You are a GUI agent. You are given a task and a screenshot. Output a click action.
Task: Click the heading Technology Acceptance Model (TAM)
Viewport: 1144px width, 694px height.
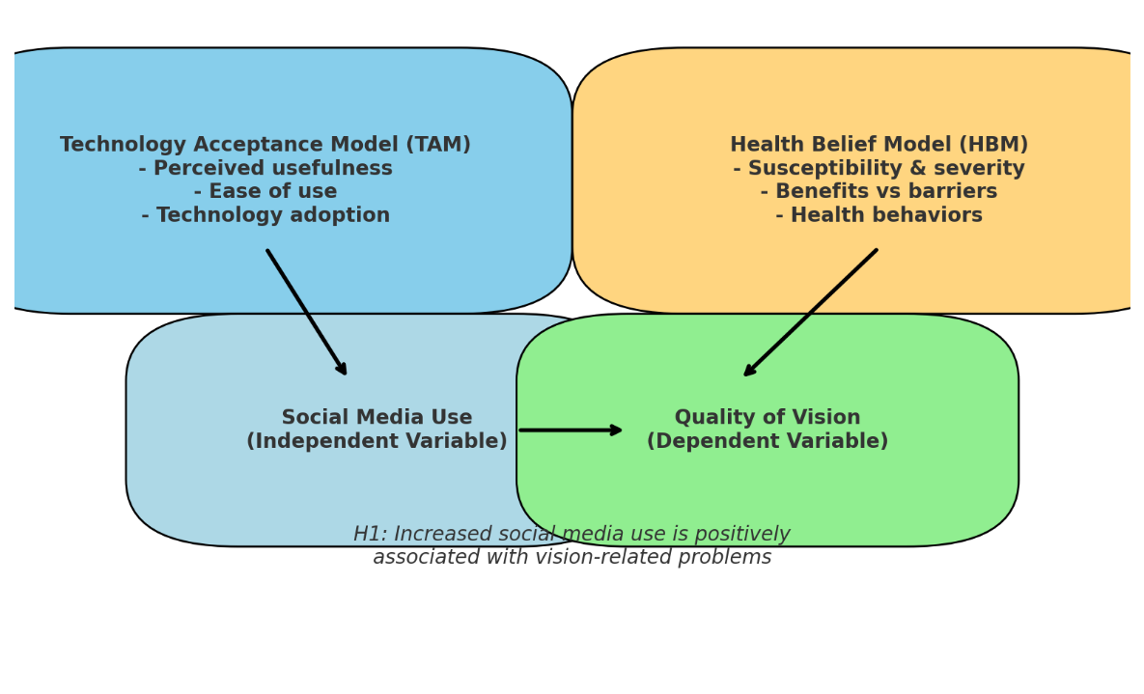(x=265, y=145)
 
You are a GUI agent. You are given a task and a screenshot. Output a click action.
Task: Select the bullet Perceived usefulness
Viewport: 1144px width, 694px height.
(x=265, y=168)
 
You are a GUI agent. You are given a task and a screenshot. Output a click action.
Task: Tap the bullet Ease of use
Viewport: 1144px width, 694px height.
(x=265, y=191)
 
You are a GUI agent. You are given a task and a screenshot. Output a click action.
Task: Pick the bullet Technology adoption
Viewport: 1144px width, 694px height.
(x=265, y=215)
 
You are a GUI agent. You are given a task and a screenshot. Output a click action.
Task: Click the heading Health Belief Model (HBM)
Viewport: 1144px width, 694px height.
(x=879, y=145)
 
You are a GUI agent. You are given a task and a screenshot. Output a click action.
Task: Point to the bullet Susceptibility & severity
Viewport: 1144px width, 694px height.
(x=879, y=168)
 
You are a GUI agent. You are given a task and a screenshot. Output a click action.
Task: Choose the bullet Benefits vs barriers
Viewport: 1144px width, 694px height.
(x=879, y=191)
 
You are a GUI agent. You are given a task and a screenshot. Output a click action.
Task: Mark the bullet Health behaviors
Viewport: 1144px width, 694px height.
(x=879, y=215)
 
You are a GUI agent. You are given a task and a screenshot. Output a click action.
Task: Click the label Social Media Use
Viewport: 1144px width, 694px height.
(x=377, y=417)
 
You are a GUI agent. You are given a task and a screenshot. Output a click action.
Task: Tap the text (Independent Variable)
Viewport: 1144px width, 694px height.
(x=377, y=441)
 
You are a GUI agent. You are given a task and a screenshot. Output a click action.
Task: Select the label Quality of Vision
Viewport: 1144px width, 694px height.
(x=767, y=417)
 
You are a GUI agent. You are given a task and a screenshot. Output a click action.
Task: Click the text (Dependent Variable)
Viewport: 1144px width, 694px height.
(x=767, y=441)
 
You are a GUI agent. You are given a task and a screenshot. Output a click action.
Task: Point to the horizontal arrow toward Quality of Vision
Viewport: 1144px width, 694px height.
(x=571, y=430)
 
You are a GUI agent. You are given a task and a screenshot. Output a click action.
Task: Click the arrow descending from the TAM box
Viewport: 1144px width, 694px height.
(x=307, y=313)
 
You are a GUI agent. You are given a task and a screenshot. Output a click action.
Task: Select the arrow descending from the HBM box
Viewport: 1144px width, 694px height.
(x=810, y=313)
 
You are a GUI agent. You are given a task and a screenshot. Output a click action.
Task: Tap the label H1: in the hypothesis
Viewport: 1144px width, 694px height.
(x=370, y=534)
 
